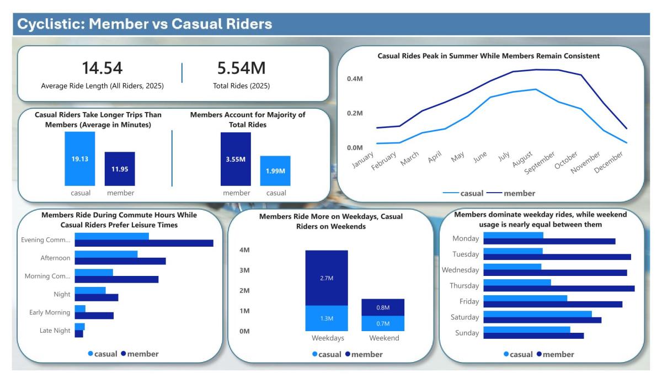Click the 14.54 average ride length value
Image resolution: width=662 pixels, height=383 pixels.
click(x=102, y=68)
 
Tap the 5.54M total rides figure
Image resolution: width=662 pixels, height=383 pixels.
click(x=241, y=68)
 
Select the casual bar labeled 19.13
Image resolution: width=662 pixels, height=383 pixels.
click(x=79, y=159)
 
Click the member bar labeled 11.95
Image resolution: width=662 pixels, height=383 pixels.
click(x=120, y=169)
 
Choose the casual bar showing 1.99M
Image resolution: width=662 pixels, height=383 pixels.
click(x=275, y=171)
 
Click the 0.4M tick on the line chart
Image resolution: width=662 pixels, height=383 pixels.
click(x=355, y=79)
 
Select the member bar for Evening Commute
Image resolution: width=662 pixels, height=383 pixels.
click(x=143, y=243)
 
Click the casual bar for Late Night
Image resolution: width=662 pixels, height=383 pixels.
click(x=79, y=327)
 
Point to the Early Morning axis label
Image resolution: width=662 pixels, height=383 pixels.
click(x=50, y=312)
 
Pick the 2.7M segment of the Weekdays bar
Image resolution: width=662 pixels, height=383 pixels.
click(x=327, y=278)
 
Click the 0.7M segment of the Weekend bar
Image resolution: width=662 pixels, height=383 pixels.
click(x=383, y=323)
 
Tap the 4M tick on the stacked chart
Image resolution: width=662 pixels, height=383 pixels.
click(x=244, y=251)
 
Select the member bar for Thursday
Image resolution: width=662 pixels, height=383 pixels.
click(x=559, y=288)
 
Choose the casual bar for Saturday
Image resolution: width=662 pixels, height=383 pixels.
click(x=537, y=314)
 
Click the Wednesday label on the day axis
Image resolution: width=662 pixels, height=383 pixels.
click(x=461, y=270)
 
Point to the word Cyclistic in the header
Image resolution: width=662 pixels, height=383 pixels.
click(x=50, y=24)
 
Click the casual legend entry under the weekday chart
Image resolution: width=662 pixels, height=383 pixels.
click(x=518, y=354)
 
